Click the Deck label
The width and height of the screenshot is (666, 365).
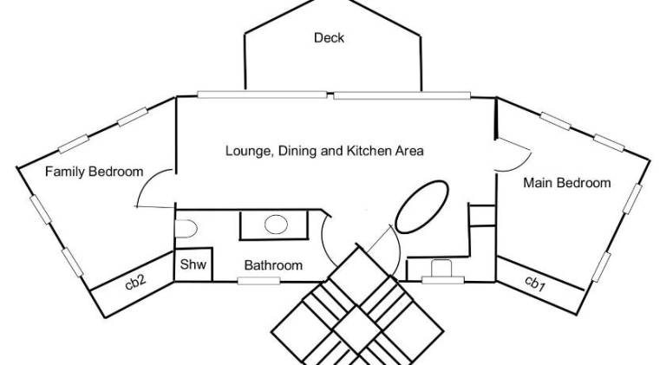[x=330, y=38]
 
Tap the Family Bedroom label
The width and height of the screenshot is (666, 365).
[x=94, y=172]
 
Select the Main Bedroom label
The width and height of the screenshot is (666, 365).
[x=566, y=183]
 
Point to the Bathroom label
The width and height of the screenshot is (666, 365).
[x=273, y=265]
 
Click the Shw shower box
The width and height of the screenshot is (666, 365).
[x=193, y=264]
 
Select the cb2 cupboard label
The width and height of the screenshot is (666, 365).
[x=135, y=282]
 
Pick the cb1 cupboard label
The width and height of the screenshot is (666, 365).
[x=535, y=284]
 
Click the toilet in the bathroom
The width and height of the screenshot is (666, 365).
[x=186, y=229]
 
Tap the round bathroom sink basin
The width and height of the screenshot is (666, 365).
[x=276, y=224]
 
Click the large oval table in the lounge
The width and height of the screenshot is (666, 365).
[x=421, y=206]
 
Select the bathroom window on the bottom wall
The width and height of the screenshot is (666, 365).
[x=258, y=281]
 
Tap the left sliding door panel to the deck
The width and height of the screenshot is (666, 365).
[x=262, y=95]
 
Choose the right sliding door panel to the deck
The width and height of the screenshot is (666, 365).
[x=402, y=95]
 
